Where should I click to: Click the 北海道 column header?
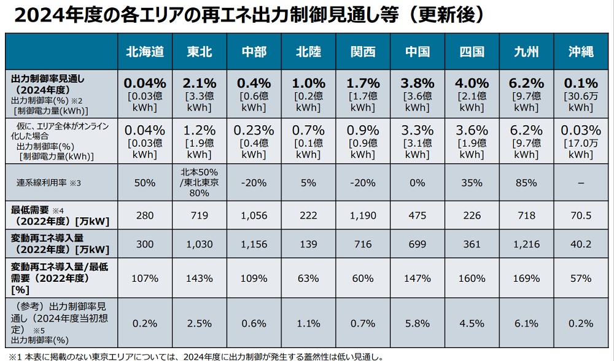(145, 52)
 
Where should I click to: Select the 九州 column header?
(526, 52)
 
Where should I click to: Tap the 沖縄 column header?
(581, 52)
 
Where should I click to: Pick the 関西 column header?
(363, 52)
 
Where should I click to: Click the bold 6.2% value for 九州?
(526, 83)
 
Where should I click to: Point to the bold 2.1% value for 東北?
(200, 83)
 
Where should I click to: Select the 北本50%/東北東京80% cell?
(200, 183)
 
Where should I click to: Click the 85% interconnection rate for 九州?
(526, 183)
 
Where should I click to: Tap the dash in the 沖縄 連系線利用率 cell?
(581, 183)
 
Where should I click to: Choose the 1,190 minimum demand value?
(363, 215)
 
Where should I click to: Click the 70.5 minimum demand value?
(581, 215)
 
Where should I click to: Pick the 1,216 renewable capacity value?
(526, 244)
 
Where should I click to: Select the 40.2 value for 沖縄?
(581, 244)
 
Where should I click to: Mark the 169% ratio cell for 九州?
(526, 278)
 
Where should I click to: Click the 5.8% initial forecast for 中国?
(418, 324)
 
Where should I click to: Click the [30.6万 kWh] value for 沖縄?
(581, 102)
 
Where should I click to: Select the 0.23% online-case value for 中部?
(254, 130)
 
